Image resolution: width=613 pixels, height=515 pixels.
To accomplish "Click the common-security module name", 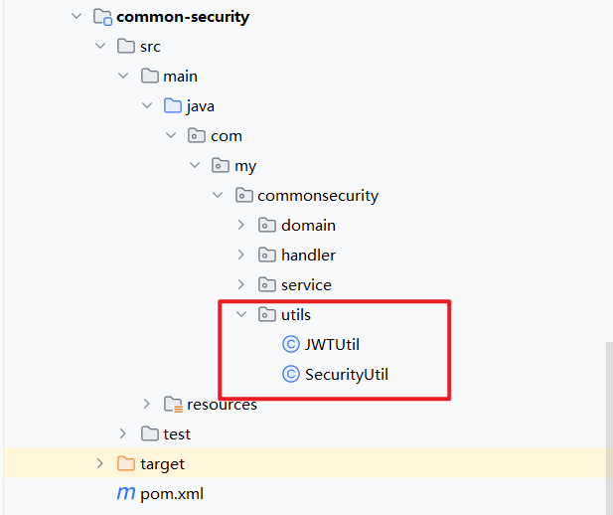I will point(183,17).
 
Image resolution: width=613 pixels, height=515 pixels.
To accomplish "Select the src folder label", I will point(150,47).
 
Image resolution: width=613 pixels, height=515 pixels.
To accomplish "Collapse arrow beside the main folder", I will point(123,77).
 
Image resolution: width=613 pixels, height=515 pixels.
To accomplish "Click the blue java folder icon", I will point(173,106).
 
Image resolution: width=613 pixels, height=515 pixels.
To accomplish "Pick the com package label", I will point(226,136).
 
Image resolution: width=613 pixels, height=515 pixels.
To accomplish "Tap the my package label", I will point(245,166).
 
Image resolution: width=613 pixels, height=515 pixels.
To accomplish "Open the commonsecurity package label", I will point(317,196).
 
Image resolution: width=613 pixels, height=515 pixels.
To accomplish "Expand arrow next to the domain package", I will point(241,226).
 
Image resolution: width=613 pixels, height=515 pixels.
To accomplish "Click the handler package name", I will point(308,256).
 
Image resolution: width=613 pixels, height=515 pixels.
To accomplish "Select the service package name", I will point(306,285).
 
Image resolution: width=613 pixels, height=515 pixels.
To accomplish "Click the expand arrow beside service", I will point(241,285).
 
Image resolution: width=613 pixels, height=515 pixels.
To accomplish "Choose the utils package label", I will point(296,315).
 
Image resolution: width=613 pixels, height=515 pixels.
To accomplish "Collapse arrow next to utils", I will point(241,315).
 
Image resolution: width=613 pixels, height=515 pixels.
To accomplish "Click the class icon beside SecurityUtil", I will point(291,375).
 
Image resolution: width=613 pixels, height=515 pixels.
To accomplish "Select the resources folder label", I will point(222,405).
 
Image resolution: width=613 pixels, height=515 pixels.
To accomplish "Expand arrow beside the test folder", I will point(123,434).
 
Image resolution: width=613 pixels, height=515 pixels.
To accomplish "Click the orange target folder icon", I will point(125,464).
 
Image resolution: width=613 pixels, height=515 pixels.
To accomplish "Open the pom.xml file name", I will point(172,493).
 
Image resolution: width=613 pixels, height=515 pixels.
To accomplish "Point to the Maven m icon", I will point(126,493).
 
